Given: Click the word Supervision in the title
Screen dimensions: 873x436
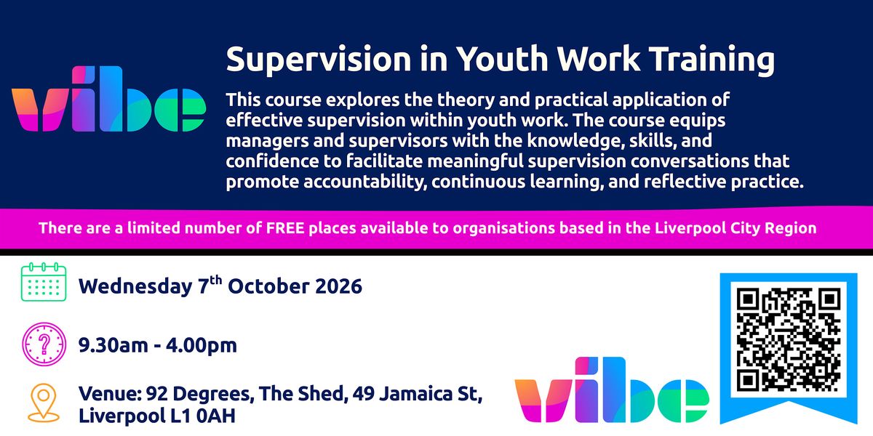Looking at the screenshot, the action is tap(319, 60).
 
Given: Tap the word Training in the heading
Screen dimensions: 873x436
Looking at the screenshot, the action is tap(713, 60).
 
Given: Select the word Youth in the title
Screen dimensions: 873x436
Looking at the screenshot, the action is tap(503, 58).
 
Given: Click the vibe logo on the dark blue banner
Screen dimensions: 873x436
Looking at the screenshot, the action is tap(108, 99).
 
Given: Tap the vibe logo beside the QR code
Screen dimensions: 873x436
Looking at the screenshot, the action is tap(612, 389).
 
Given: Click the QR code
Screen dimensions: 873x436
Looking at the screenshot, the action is tap(789, 339).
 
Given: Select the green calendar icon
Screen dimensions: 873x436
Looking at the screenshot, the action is tap(44, 282).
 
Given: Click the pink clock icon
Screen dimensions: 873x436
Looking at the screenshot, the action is tap(44, 344).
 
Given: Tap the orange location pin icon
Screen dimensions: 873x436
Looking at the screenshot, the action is tap(43, 403).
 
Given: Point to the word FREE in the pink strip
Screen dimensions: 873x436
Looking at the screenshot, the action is tap(285, 228).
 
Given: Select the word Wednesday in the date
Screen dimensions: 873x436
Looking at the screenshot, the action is tap(135, 287).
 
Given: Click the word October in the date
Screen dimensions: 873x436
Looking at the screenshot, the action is tap(268, 286).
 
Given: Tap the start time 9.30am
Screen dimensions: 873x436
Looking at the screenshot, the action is tap(113, 345).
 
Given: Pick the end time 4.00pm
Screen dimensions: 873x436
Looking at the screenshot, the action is tap(202, 346).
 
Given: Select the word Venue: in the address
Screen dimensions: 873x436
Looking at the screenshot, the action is tap(110, 394).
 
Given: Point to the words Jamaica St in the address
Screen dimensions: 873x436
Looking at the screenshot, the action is tap(430, 395).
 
